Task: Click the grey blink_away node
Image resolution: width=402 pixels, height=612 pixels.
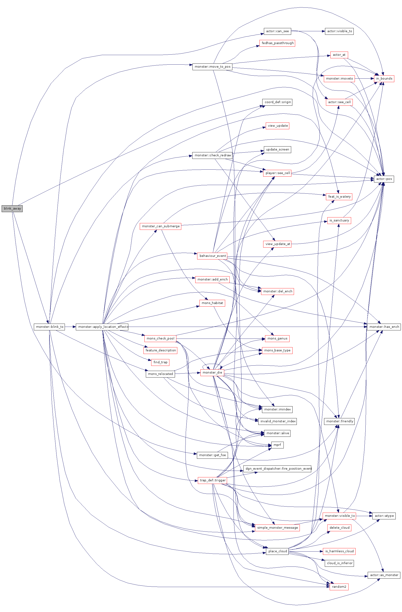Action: [x=12, y=208]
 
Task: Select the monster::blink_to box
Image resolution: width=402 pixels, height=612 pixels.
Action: [x=49, y=327]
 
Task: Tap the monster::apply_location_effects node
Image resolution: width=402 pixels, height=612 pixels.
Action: [x=102, y=327]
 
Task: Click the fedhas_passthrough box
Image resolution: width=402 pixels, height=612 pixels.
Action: [x=277, y=43]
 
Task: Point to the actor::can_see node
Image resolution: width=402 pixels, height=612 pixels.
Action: [x=277, y=31]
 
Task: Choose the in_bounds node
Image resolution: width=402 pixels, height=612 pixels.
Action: [x=384, y=78]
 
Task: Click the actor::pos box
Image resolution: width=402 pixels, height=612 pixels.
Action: [x=384, y=179]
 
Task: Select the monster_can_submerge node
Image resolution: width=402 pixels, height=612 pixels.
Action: [x=161, y=226]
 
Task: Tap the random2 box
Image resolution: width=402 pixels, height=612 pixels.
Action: [x=339, y=587]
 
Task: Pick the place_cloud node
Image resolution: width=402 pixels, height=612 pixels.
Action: [x=277, y=551]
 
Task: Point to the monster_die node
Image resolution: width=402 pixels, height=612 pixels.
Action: [x=212, y=372]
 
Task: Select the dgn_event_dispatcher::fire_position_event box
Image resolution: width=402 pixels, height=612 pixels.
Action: [x=277, y=469]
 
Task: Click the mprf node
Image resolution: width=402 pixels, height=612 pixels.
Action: [x=277, y=445]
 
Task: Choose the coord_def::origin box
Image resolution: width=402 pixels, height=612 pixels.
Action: [x=277, y=102]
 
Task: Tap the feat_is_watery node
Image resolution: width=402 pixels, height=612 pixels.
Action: [x=339, y=196]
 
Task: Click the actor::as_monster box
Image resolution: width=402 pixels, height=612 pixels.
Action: [x=384, y=575]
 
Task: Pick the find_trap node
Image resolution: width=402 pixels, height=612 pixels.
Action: [x=160, y=362]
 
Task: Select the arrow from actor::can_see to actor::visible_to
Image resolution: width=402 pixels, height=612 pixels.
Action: [x=308, y=31]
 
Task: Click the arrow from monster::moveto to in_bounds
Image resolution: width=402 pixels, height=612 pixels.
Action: [x=364, y=78]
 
